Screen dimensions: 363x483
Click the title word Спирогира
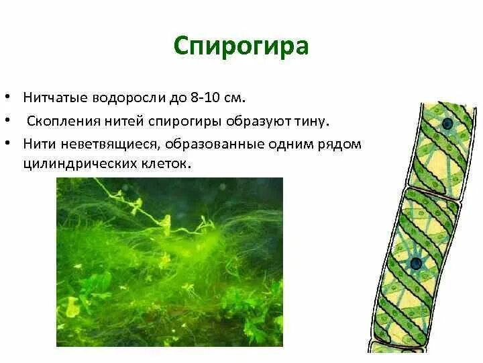click(x=241, y=46)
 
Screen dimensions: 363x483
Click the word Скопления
click(x=60, y=121)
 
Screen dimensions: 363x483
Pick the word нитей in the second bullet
click(x=117, y=121)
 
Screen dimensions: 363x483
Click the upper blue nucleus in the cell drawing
click(x=447, y=124)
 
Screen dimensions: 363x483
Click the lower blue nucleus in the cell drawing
click(x=416, y=263)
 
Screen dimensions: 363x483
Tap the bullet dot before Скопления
click(x=14, y=122)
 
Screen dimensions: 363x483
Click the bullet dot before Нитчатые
click(x=14, y=98)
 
